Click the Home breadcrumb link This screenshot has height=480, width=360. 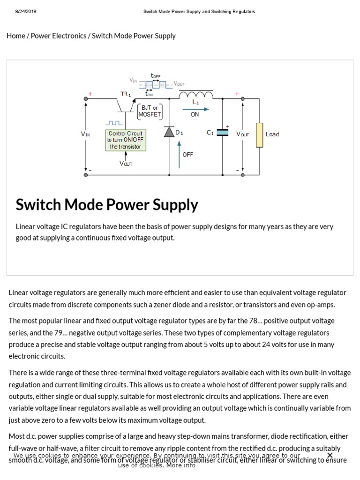click(x=15, y=36)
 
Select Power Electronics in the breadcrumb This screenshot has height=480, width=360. click(x=59, y=36)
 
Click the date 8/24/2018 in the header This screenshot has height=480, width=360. click(x=26, y=12)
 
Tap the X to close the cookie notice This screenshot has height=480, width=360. click(x=330, y=455)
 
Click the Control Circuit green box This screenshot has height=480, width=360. click(x=126, y=140)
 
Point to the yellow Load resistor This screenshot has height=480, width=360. click(x=259, y=135)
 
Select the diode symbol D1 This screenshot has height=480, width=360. click(x=169, y=133)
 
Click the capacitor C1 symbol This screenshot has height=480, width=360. click(x=223, y=133)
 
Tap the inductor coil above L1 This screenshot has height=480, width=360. click(x=195, y=96)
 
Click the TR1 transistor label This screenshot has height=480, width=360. click(x=126, y=94)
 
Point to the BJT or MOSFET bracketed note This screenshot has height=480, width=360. click(x=150, y=111)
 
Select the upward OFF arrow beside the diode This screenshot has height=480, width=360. click(x=179, y=155)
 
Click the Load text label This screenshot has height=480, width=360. click(x=272, y=134)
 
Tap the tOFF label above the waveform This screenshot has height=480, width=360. click(x=155, y=76)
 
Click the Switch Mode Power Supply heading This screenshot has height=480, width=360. click(x=107, y=205)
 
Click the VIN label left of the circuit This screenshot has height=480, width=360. click(x=85, y=134)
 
